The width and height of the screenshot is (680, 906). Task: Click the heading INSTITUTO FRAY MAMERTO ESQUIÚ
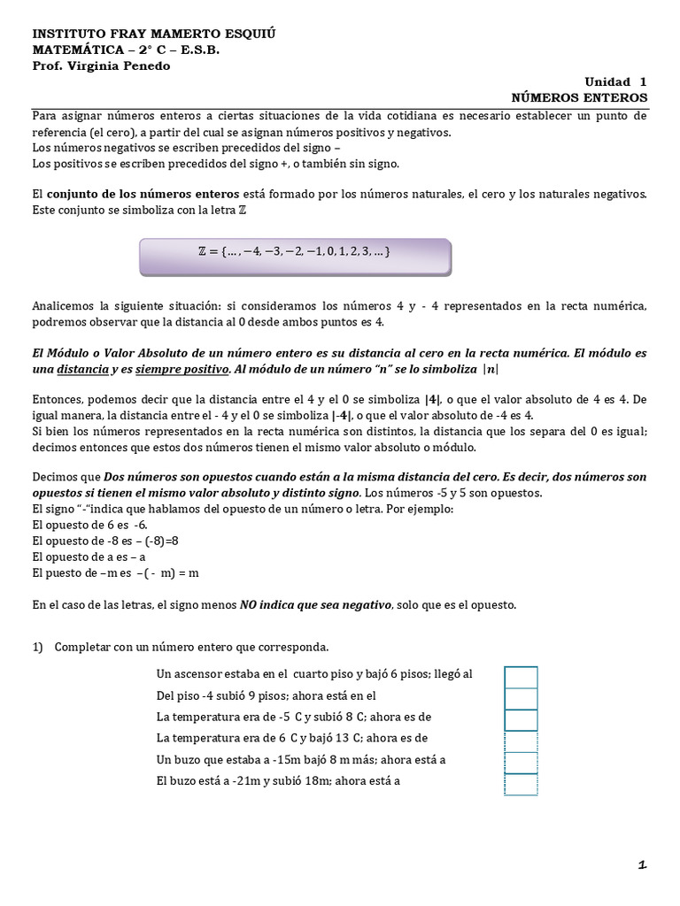(x=155, y=33)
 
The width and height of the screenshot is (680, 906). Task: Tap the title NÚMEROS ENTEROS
(x=580, y=96)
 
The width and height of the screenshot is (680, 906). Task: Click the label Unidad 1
(x=616, y=81)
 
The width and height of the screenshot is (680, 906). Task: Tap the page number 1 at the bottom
(x=642, y=865)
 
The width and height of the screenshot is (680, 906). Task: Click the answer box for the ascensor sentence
(x=521, y=677)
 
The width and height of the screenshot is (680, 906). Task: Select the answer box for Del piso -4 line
(x=521, y=698)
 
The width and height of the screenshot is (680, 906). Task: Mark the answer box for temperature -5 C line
(x=521, y=719)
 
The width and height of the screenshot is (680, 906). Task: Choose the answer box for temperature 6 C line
(x=521, y=741)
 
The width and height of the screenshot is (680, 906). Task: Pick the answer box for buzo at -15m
(x=521, y=762)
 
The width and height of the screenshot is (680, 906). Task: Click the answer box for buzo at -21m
(x=521, y=784)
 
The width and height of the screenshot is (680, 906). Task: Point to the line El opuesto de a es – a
(x=89, y=557)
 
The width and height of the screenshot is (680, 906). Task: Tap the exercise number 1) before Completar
(x=38, y=647)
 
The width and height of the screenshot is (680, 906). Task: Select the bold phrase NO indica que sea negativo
(x=314, y=604)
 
